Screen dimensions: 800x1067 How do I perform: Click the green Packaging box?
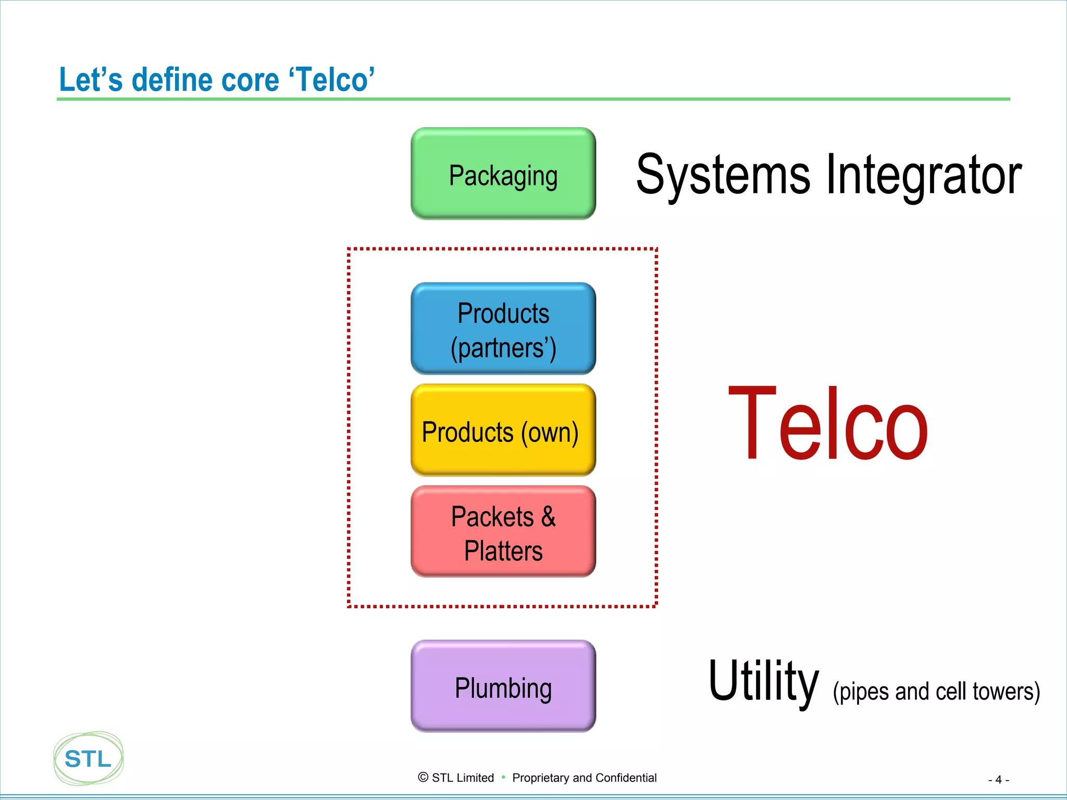pyautogui.click(x=503, y=174)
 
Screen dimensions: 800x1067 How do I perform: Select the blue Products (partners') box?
pyautogui.click(x=503, y=329)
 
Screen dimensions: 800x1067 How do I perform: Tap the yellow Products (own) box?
pyautogui.click(x=503, y=431)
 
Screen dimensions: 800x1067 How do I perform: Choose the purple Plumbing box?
pyautogui.click(x=503, y=686)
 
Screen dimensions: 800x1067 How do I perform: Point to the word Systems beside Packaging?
pyautogui.click(x=723, y=175)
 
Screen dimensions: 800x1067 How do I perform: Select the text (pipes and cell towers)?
pyautogui.click(x=936, y=692)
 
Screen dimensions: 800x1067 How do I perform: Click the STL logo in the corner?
pyautogui.click(x=89, y=758)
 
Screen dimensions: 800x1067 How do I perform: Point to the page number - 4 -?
pyautogui.click(x=998, y=780)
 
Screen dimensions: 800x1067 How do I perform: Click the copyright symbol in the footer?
pyautogui.click(x=423, y=777)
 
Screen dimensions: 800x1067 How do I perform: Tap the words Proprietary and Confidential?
pyautogui.click(x=584, y=778)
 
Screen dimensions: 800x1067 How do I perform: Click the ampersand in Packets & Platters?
pyautogui.click(x=548, y=517)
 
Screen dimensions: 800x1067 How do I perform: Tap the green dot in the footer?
pyautogui.click(x=503, y=777)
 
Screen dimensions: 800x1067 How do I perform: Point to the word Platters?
pyautogui.click(x=503, y=551)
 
